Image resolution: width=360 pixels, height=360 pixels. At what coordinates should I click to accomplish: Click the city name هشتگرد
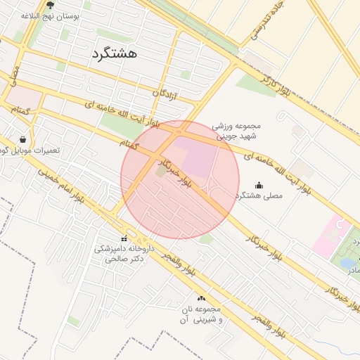[114, 53]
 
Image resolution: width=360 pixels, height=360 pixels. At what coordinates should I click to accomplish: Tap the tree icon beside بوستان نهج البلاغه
[50, 5]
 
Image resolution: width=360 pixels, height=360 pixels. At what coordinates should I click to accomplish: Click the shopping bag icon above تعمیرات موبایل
[24, 139]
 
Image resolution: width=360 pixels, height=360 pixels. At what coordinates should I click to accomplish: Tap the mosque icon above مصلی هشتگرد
[259, 185]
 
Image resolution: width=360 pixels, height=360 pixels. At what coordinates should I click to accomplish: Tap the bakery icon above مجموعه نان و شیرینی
[202, 298]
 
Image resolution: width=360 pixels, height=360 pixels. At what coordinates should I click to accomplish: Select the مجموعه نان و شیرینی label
[201, 314]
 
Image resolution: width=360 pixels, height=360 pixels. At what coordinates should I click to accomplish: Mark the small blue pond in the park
[348, 264]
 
